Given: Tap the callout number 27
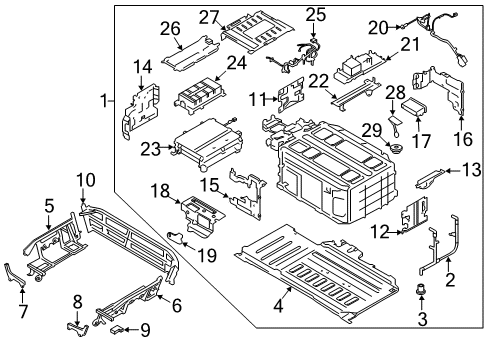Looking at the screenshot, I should (x=208, y=16).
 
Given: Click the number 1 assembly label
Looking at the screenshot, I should (x=104, y=101).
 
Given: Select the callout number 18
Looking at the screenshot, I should (x=159, y=190).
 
